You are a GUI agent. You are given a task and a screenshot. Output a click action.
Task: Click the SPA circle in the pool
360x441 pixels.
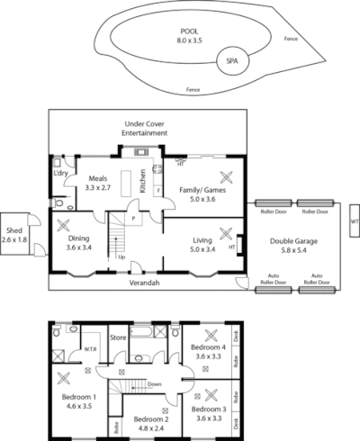click(x=232, y=62)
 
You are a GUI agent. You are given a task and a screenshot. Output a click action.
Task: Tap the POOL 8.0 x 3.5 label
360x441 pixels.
click(x=190, y=35)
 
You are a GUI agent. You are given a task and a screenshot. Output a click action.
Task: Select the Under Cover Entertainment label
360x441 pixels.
click(x=146, y=127)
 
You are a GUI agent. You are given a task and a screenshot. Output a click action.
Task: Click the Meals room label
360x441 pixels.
click(x=97, y=184)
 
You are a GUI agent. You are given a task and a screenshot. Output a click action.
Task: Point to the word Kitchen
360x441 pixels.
click(x=142, y=182)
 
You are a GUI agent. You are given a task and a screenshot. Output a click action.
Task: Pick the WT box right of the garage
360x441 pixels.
click(x=354, y=220)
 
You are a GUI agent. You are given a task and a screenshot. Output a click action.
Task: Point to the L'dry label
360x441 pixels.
click(x=61, y=173)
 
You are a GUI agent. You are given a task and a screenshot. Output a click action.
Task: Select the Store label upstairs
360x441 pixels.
click(x=116, y=338)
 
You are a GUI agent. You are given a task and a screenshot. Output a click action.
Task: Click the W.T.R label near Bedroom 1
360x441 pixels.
click(x=90, y=349)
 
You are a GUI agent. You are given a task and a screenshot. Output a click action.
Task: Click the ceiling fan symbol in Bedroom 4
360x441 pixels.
click(x=211, y=333)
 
